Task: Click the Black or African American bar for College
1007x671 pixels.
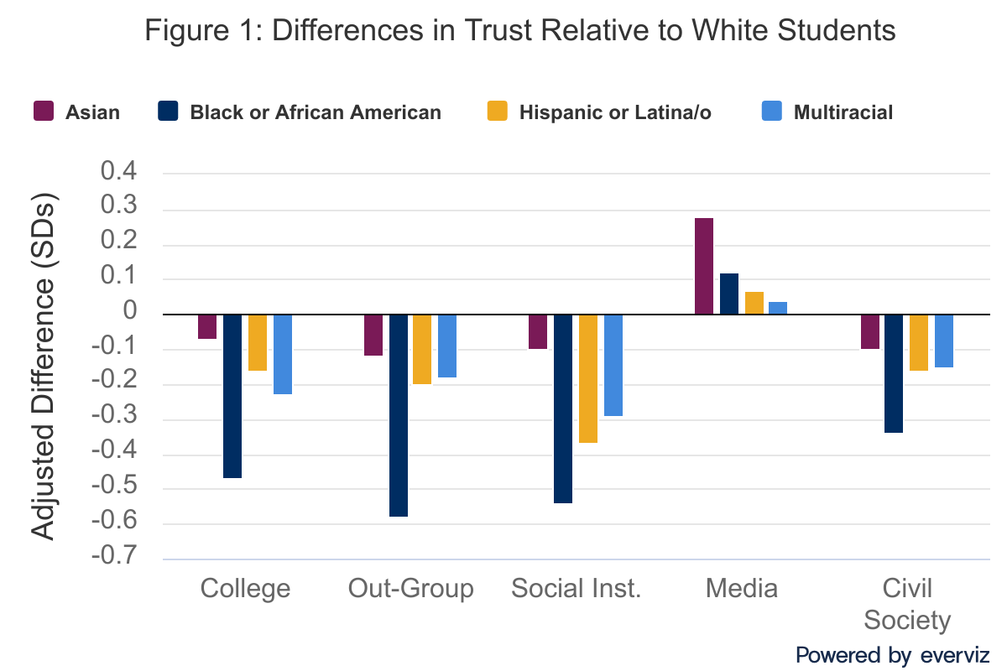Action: coord(232,396)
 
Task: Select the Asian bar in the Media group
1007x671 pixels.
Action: coord(704,266)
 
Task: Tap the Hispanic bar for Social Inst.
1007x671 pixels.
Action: coord(588,378)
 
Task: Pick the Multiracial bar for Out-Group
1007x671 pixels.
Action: coord(447,346)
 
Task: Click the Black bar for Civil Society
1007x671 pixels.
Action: coord(894,373)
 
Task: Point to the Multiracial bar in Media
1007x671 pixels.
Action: coord(778,308)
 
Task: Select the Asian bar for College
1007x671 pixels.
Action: coord(207,326)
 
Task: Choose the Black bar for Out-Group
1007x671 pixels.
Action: coord(399,415)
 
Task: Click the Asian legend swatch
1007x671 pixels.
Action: coord(44,112)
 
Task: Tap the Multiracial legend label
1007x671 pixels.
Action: coord(843,112)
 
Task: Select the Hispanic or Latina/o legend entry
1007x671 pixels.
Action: coord(614,112)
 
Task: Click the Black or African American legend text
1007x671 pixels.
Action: coord(316,112)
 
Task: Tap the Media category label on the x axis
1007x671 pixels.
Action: coord(742,588)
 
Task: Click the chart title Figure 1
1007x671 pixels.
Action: coord(520,31)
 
